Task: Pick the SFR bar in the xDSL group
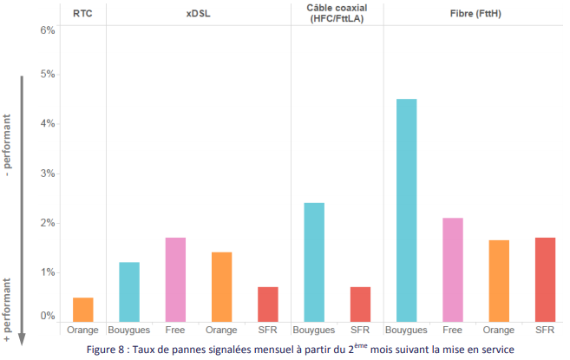click(x=268, y=304)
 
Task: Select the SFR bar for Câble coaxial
click(x=360, y=304)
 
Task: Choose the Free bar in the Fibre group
click(x=453, y=270)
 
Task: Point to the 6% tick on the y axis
click(x=48, y=30)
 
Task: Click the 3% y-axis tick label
click(x=48, y=173)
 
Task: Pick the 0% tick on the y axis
click(x=48, y=316)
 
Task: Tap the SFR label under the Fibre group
click(x=545, y=331)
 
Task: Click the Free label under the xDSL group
click(x=175, y=331)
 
